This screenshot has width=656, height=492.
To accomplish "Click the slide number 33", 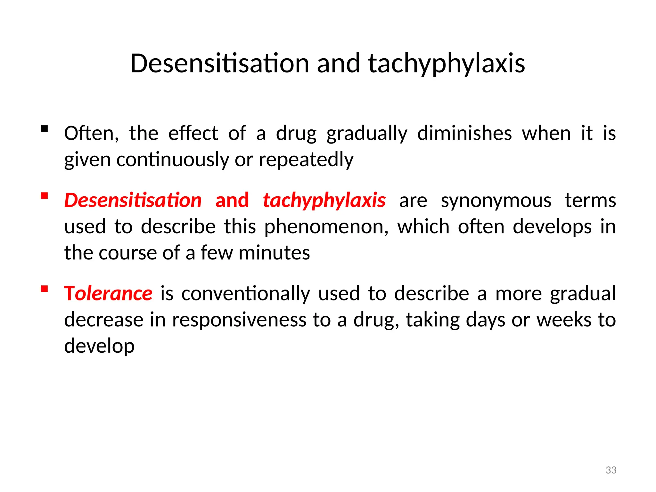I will (x=611, y=470).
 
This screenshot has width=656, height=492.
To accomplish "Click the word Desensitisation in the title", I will (x=220, y=63).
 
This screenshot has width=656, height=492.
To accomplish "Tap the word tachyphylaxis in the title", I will (x=447, y=63).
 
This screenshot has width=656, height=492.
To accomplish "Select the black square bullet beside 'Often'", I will (x=45, y=129).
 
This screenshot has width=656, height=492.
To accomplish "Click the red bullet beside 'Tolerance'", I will (x=45, y=289).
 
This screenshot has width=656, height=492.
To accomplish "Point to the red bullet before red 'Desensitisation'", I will (x=45, y=195).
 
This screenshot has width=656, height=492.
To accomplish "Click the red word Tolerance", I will (x=108, y=293).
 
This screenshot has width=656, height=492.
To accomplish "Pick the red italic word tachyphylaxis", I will (x=324, y=201).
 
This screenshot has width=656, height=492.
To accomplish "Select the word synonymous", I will (x=496, y=201).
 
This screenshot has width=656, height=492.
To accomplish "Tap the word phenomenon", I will (x=326, y=227).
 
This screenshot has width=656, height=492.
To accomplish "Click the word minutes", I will (x=274, y=253).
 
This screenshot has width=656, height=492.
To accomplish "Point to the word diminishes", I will (x=464, y=133).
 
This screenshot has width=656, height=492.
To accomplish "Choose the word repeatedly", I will (x=306, y=160).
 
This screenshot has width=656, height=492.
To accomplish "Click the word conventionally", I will (x=246, y=293).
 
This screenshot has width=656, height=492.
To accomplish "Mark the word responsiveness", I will (x=239, y=320).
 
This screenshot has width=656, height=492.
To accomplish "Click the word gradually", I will (x=367, y=133).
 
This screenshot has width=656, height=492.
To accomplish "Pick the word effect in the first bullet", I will (x=193, y=133).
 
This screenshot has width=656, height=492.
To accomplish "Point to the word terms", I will (x=590, y=201).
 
